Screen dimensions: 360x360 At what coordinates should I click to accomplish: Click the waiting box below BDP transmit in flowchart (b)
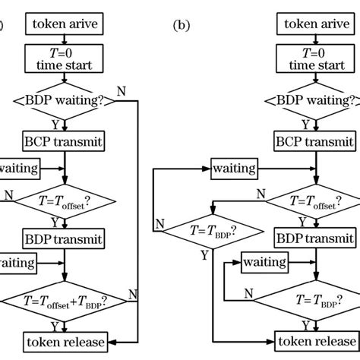(x=267, y=262)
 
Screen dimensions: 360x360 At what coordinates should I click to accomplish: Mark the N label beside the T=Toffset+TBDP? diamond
(x=133, y=292)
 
